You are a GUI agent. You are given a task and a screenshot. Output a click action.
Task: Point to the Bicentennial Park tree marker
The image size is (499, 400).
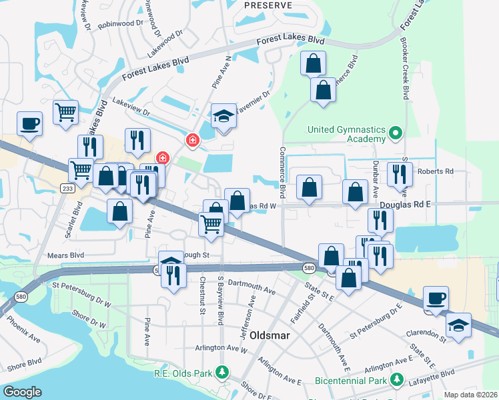(397, 380)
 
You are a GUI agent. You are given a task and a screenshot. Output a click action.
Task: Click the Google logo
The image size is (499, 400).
(22, 392)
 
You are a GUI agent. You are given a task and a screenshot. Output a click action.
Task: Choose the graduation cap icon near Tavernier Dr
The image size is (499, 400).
(224, 117)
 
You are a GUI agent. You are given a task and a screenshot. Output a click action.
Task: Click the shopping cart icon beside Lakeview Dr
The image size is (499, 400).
(65, 113)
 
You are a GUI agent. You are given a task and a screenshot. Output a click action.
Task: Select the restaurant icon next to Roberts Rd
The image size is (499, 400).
(400, 175)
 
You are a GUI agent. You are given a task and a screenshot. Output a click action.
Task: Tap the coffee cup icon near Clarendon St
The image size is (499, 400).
(436, 299)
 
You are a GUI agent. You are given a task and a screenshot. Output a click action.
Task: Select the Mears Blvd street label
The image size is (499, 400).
(66, 255)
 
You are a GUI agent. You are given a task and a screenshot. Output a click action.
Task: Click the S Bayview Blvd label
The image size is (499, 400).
(219, 301)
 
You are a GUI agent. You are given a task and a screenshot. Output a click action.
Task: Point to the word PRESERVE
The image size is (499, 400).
(268, 5)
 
